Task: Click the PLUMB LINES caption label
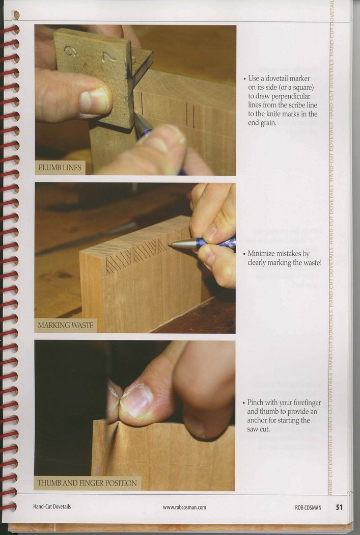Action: pos(60,168)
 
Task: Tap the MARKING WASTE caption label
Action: pos(66,325)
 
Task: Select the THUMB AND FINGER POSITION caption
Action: pos(87,483)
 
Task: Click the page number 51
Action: pos(339,507)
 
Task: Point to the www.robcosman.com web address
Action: pos(184,507)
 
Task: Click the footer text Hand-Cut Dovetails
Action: pos(52,506)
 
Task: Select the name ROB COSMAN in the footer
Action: pos(308,507)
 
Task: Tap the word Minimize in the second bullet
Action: pos(262,254)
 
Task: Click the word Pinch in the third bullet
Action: pos(255,403)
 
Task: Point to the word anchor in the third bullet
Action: pos(257,420)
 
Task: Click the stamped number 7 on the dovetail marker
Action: pos(109,56)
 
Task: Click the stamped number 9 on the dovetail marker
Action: pos(70,51)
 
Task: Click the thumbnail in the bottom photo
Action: pos(136,402)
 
